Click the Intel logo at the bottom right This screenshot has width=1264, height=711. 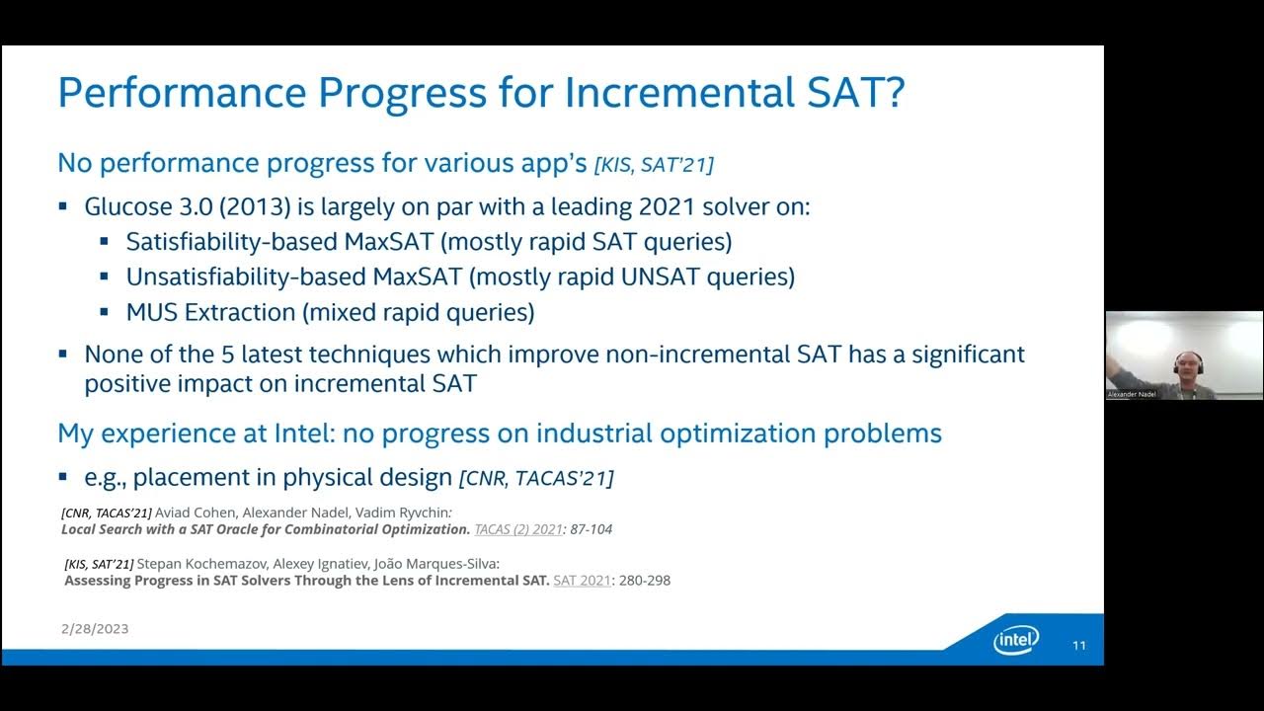pyautogui.click(x=1016, y=641)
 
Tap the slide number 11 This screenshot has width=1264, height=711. pyautogui.click(x=1079, y=646)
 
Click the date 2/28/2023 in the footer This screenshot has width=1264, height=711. pyautogui.click(x=95, y=629)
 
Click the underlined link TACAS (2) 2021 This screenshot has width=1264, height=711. pyautogui.click(x=518, y=529)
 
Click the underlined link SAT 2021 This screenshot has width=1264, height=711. pyautogui.click(x=582, y=581)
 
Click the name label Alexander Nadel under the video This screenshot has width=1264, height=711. pyautogui.click(x=1131, y=394)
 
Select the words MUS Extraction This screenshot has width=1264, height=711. pyautogui.click(x=210, y=313)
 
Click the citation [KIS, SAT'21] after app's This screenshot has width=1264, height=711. pyautogui.click(x=654, y=166)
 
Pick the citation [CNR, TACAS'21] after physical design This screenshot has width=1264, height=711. pyautogui.click(x=536, y=479)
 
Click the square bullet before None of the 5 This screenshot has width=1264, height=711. pyautogui.click(x=63, y=353)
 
